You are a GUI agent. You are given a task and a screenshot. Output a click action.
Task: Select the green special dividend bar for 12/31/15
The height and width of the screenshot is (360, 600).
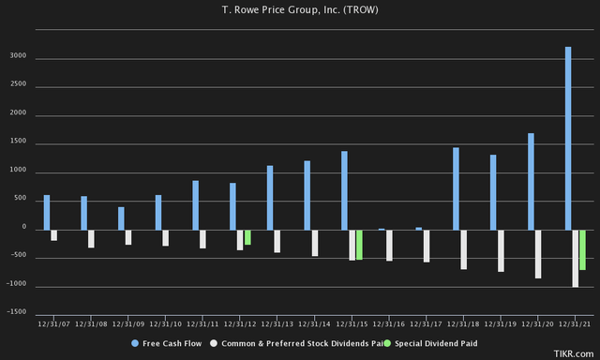[x=359, y=245]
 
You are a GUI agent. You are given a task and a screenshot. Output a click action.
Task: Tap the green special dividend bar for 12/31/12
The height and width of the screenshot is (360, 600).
[x=247, y=237]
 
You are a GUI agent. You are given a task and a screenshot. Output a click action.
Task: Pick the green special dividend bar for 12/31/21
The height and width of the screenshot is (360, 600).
[x=582, y=249]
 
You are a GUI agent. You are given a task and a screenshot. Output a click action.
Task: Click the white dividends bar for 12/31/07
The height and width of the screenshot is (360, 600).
[x=54, y=235]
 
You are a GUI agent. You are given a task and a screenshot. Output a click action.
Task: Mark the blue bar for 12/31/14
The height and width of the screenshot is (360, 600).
[x=307, y=195]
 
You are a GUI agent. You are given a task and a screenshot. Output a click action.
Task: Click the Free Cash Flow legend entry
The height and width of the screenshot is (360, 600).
[x=169, y=344]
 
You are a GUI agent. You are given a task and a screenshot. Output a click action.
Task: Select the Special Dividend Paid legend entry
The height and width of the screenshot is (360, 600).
[x=435, y=344]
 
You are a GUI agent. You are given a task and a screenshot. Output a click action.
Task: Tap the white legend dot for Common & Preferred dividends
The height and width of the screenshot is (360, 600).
[x=213, y=344]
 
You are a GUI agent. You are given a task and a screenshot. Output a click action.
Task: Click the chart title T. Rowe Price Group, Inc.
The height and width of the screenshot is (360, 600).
[x=299, y=9]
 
